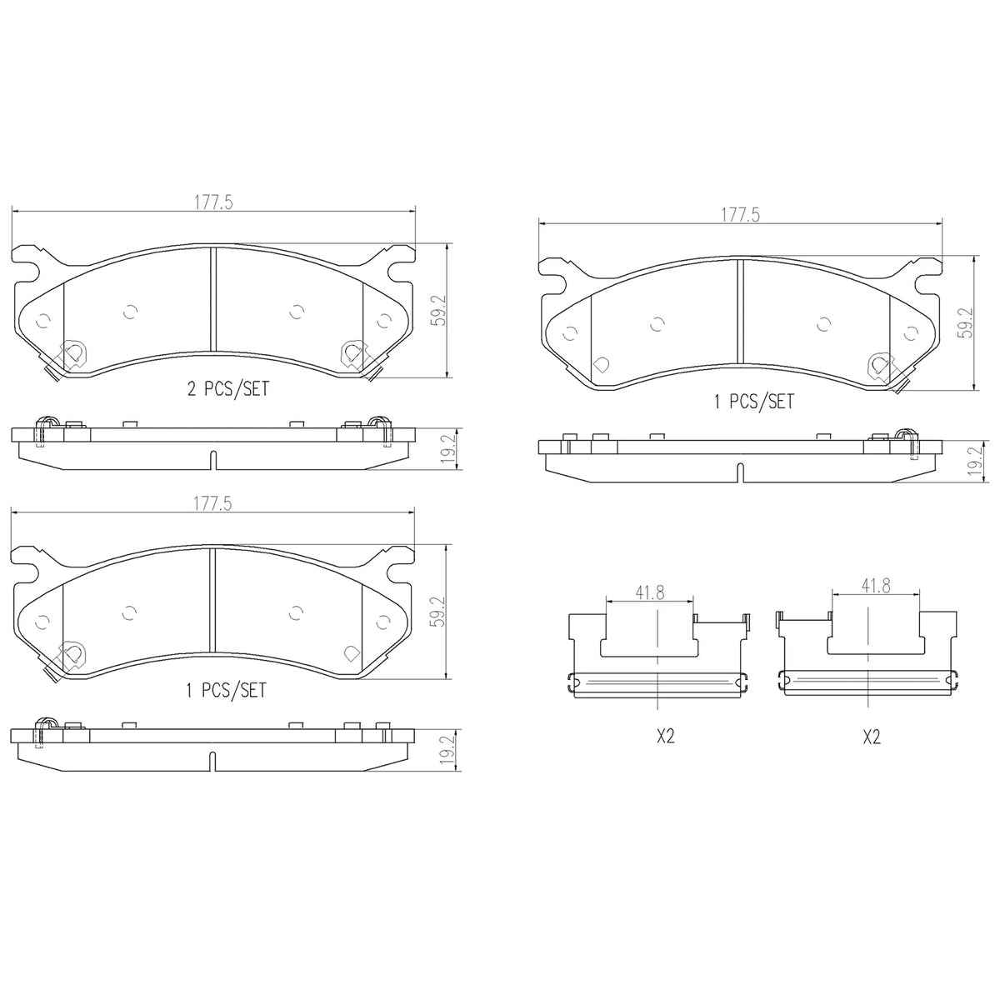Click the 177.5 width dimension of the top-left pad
214,202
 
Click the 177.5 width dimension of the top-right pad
741,215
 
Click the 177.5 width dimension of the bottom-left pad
213,503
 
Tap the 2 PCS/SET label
228,388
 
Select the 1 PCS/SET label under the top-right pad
754,401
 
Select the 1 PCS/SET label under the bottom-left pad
227,690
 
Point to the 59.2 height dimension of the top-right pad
967,322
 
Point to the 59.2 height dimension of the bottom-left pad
440,612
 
